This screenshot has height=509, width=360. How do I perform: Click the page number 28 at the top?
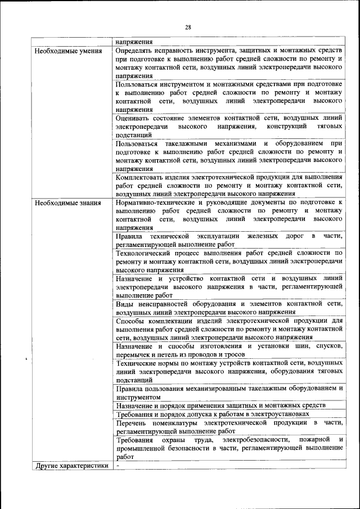188,27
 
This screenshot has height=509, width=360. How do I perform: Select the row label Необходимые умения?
68,51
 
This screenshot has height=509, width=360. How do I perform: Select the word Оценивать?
132,118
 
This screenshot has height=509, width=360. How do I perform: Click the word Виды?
124,304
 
